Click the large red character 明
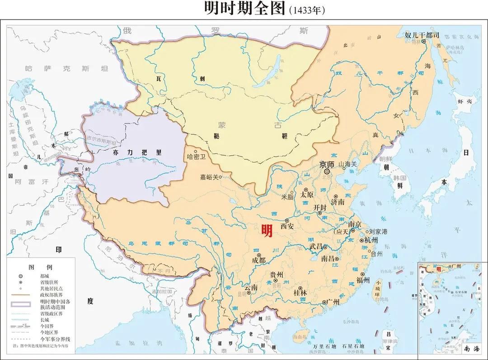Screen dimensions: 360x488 tap(264, 231)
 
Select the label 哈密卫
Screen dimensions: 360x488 tap(196, 156)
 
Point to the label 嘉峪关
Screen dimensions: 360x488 tap(210, 177)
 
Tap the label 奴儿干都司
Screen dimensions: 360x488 tap(422, 35)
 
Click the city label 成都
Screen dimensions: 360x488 tap(259, 261)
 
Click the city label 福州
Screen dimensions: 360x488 tap(363, 279)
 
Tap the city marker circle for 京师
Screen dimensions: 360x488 tap(327, 172)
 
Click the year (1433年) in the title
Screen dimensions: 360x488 tap(307, 10)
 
